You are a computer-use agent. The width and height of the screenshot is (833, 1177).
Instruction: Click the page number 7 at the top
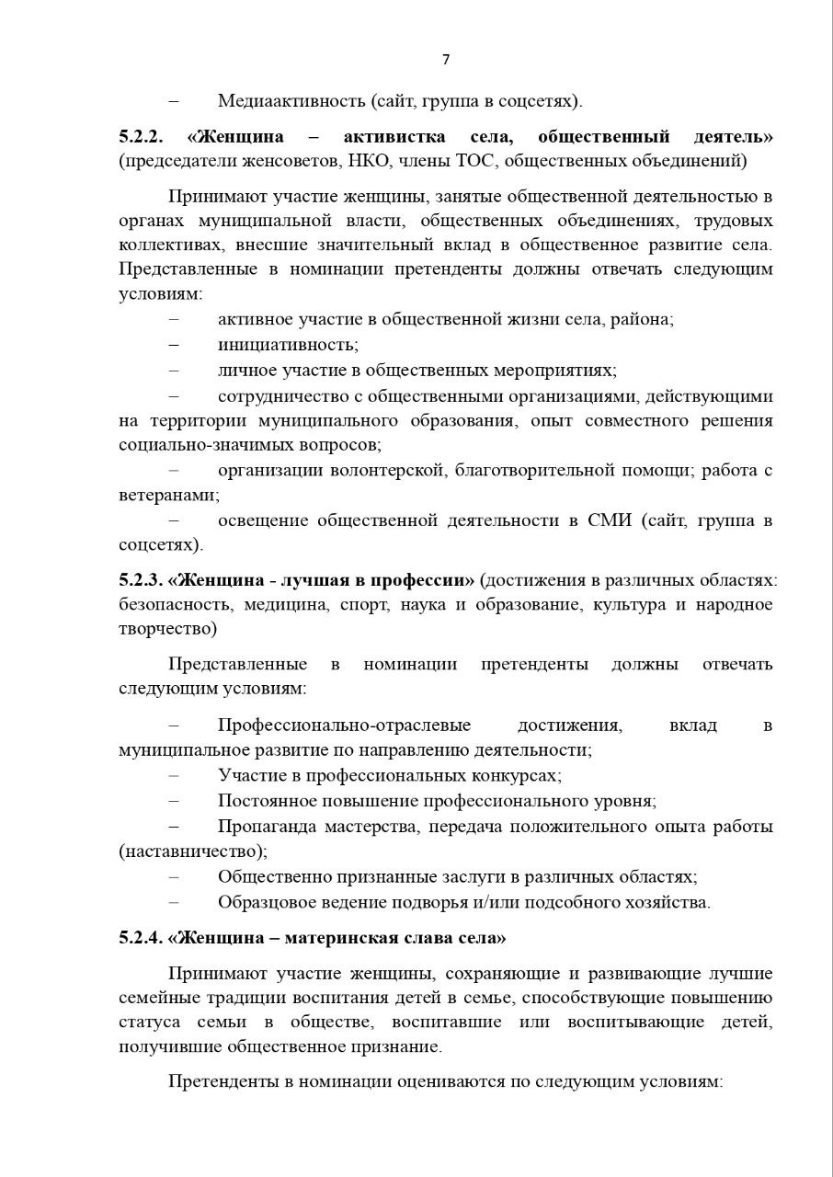tap(446, 60)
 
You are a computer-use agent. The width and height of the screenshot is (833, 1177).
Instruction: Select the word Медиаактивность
tap(291, 100)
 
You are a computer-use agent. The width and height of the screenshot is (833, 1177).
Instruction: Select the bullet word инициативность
tap(288, 345)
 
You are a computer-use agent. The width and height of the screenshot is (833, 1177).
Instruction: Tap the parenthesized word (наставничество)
tap(193, 851)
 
